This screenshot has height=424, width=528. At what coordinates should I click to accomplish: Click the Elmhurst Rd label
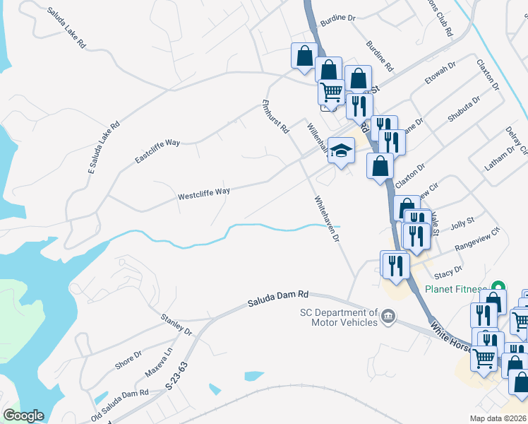tap(275, 117)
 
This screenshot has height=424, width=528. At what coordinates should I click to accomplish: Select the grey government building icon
tap(388, 319)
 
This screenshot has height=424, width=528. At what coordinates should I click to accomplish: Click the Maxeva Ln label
tap(159, 362)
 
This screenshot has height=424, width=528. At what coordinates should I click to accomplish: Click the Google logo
tap(23, 416)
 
